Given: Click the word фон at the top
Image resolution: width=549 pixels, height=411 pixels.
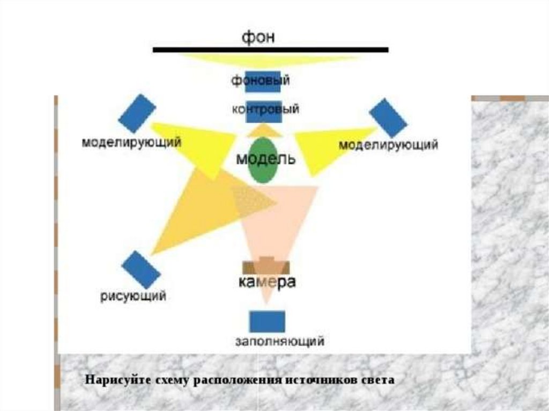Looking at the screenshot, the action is click(259, 38).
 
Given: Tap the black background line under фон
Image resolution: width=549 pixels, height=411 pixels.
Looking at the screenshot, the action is click(271, 50).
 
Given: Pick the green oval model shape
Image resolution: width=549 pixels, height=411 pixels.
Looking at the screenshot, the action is click(263, 161).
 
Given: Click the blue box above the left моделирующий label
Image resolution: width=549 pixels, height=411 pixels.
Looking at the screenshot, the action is click(136, 113).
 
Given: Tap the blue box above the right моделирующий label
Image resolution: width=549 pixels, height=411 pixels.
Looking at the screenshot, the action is click(388, 117).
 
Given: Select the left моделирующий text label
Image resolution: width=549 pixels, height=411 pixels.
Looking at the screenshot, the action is click(131, 143).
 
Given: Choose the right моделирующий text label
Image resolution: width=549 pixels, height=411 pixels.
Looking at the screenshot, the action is click(389, 145).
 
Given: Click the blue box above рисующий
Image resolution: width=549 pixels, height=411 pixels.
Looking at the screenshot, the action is click(140, 270).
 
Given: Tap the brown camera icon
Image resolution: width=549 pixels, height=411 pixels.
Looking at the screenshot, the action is click(266, 267).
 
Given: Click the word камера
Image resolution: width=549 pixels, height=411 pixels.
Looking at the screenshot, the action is click(266, 282).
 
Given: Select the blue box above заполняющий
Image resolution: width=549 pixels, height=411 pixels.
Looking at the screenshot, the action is click(267, 322).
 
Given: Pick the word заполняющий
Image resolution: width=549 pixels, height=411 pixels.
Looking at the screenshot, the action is click(280, 341).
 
